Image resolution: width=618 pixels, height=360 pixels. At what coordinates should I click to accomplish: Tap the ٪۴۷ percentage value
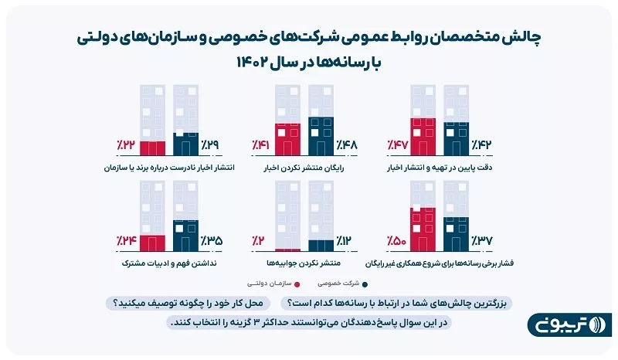(396, 144)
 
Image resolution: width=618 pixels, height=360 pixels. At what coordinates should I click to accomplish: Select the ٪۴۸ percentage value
(348, 144)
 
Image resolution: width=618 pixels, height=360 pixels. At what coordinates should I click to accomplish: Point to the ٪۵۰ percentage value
(396, 241)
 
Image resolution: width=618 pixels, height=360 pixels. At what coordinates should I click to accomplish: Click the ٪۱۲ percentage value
(348, 241)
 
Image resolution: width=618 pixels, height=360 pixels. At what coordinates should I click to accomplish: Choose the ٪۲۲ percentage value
(125, 144)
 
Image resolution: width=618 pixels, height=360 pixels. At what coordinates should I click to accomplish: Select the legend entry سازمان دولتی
(275, 283)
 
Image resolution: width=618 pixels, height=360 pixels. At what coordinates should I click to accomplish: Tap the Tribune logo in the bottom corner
(569, 324)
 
